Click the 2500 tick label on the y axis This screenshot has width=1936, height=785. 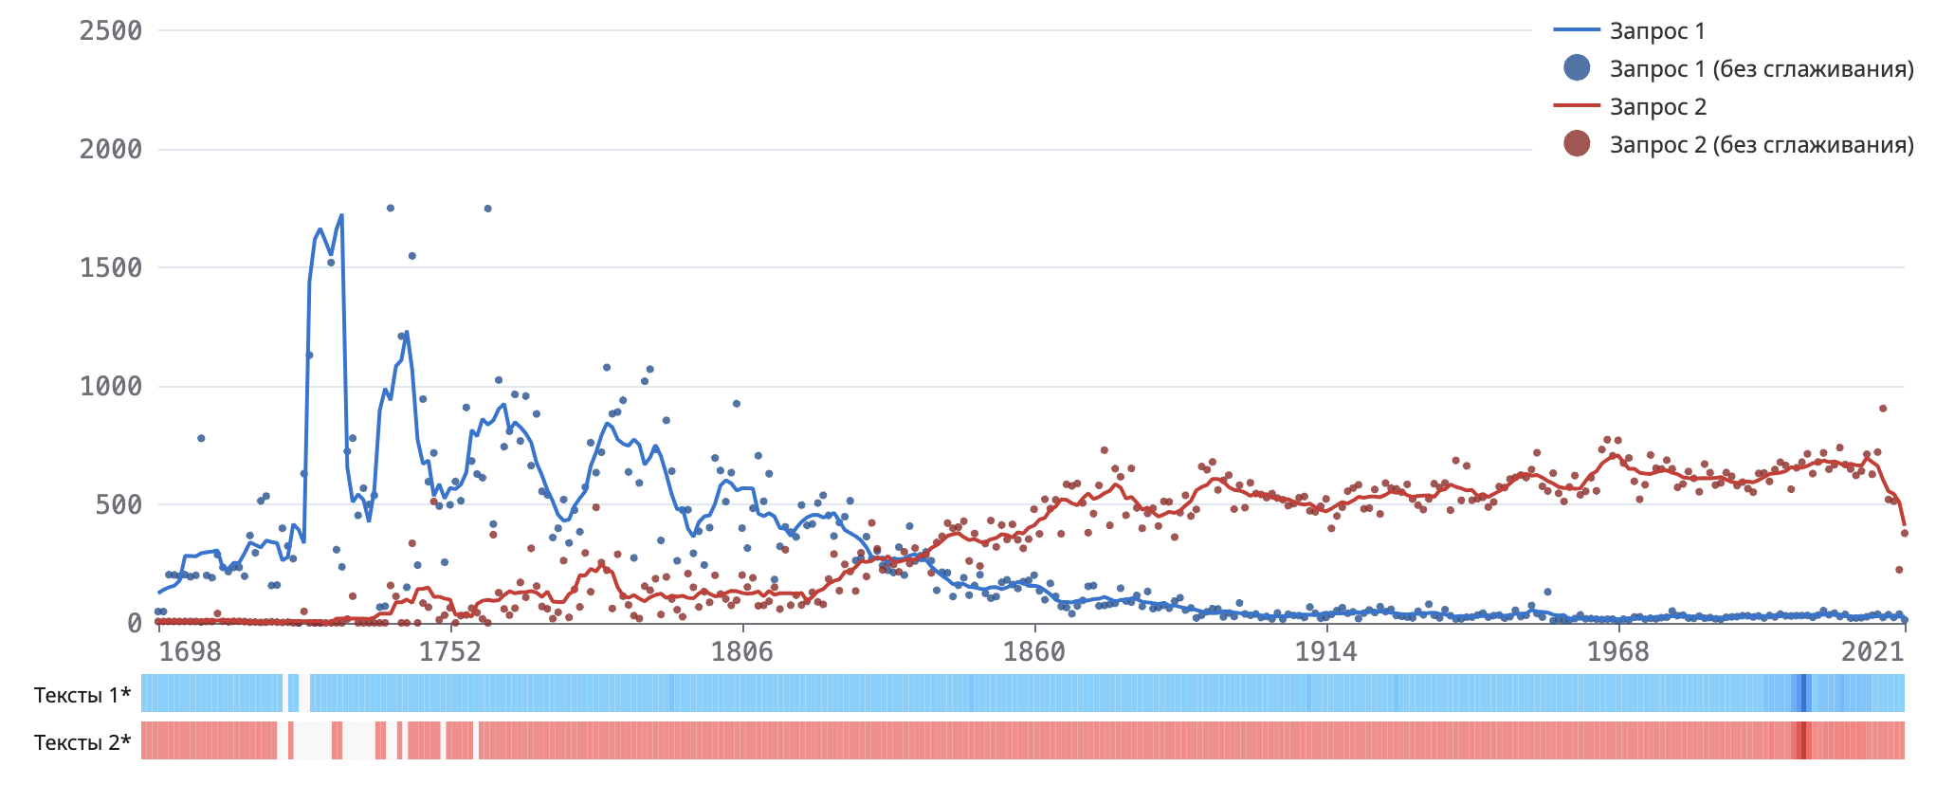(111, 31)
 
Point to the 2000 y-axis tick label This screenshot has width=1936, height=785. (111, 150)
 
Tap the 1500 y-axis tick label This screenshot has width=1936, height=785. (111, 268)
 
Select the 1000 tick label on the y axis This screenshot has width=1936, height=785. (111, 387)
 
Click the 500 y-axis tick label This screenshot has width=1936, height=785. (119, 505)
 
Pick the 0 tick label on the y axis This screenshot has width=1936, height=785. (135, 624)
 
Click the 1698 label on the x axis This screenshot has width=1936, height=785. (190, 651)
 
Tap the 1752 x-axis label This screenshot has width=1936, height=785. (450, 651)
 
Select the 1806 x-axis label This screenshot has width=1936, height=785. (742, 651)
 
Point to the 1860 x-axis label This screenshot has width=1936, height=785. (1034, 651)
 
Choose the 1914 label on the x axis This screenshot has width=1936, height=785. (1326, 651)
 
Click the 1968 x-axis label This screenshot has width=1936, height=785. (1618, 651)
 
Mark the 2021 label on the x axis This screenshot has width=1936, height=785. (1872, 651)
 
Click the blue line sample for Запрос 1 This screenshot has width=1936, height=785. (1577, 31)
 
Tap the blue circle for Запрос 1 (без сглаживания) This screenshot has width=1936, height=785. (1577, 68)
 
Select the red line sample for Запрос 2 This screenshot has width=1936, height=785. (1577, 106)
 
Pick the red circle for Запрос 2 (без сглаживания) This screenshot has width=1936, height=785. (1577, 144)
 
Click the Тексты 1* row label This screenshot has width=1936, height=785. (82, 695)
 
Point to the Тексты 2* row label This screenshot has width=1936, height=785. (82, 742)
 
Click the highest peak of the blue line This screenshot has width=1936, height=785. (341, 216)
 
